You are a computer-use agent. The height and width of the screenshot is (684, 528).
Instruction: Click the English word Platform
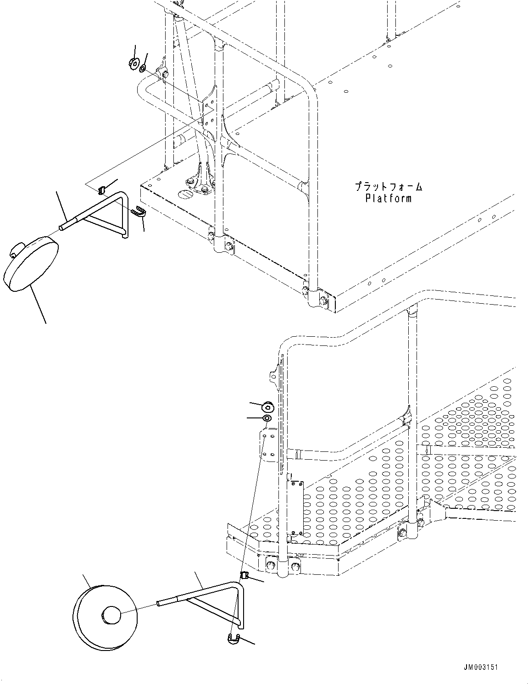(388, 198)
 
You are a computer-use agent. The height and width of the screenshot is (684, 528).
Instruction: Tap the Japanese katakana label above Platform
(388, 187)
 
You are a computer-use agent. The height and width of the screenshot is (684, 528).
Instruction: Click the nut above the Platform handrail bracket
(134, 63)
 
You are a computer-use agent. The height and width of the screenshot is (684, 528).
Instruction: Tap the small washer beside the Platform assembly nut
(143, 68)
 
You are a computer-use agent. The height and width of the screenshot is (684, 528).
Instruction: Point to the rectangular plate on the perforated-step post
(295, 507)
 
